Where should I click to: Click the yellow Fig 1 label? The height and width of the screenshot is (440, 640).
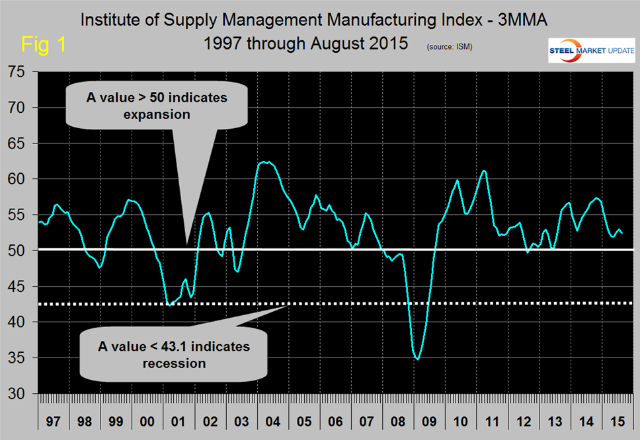click(44, 45)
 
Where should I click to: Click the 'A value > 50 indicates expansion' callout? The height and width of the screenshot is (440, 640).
click(157, 106)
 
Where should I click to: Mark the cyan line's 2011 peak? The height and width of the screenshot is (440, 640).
click(485, 170)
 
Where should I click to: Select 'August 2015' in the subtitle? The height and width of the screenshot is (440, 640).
click(366, 44)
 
